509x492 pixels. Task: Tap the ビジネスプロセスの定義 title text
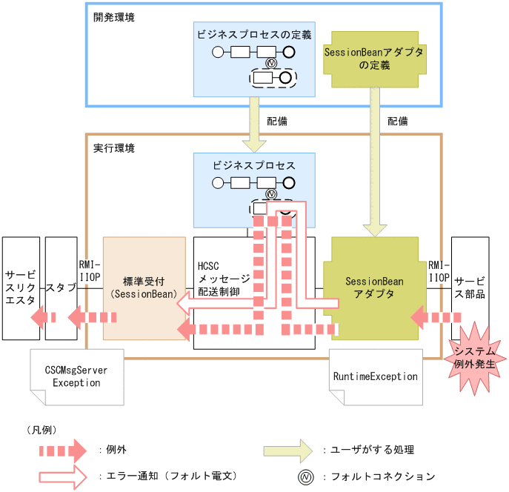pyautogui.click(x=254, y=34)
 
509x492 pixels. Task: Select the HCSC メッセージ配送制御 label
pyautogui.click(x=224, y=279)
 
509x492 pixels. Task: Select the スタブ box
pyautogui.click(x=60, y=286)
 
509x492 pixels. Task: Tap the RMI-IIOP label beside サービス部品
pyautogui.click(x=439, y=270)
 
